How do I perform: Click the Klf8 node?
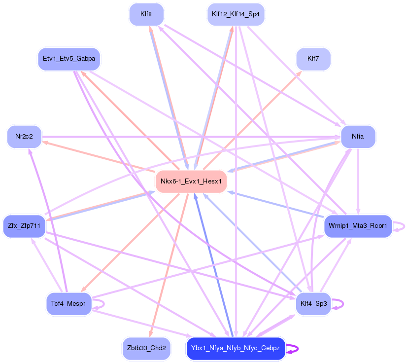(x=146, y=14)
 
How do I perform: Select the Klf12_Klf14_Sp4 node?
(x=236, y=14)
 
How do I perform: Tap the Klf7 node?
(x=313, y=59)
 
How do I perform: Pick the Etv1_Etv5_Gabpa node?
(x=68, y=59)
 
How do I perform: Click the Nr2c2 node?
(x=24, y=136)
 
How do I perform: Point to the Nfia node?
(x=358, y=136)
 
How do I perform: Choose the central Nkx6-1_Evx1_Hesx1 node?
(x=191, y=181)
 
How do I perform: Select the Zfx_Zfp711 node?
(x=24, y=226)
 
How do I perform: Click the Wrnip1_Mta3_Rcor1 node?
(x=358, y=226)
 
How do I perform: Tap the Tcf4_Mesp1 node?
(x=68, y=303)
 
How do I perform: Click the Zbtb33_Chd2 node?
(x=146, y=348)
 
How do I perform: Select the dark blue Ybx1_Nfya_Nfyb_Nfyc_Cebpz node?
(x=236, y=348)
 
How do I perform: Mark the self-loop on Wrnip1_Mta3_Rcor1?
(x=404, y=226)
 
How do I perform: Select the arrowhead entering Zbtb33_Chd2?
(x=150, y=335)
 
